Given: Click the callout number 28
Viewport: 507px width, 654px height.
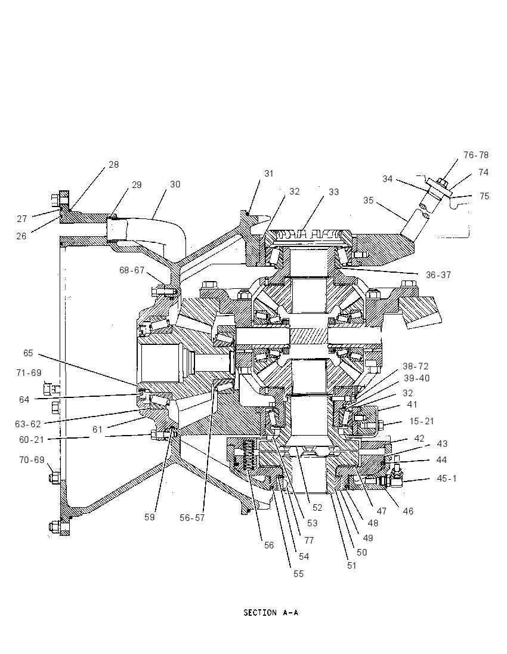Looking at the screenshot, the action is [x=114, y=164].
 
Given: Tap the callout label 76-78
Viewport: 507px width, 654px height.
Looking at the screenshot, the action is [x=476, y=155].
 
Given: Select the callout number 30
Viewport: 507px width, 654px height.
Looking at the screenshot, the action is [x=175, y=184].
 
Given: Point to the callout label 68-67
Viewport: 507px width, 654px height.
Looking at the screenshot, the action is [x=132, y=270].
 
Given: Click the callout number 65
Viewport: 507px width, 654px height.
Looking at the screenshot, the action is [x=28, y=353].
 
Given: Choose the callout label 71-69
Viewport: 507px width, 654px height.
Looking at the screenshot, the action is [x=29, y=372].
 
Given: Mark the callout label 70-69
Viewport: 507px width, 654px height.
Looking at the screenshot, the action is [x=32, y=460].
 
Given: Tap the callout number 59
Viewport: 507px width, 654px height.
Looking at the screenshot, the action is [x=150, y=517].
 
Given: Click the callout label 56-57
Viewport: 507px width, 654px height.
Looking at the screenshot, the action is [x=192, y=517].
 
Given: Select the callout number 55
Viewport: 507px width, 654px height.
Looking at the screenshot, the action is [x=298, y=574].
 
